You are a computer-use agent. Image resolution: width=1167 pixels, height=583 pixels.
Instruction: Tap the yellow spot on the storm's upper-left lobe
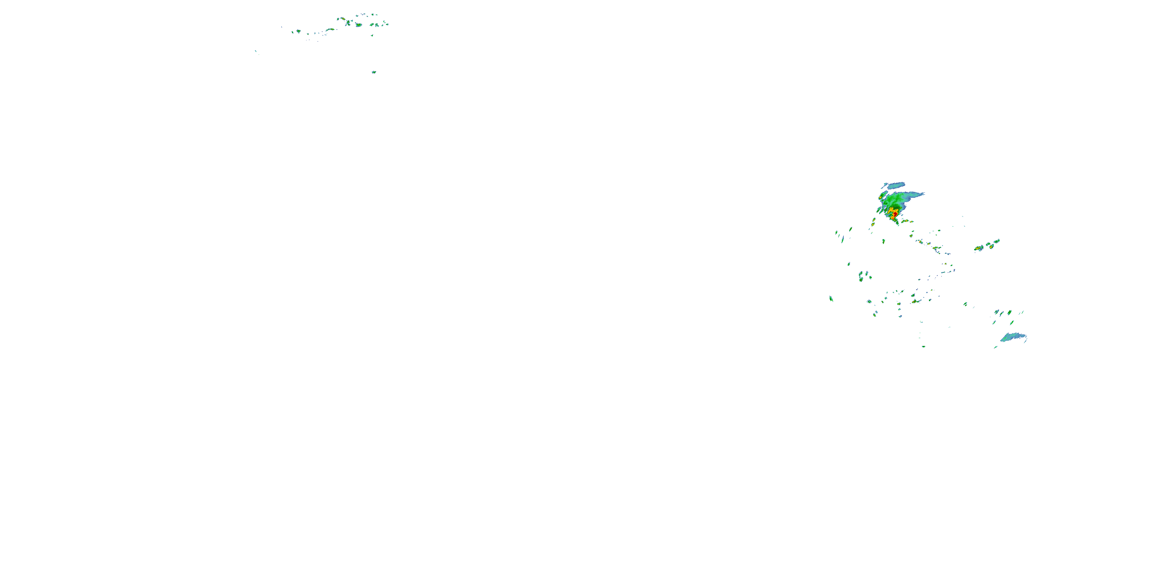click(880, 198)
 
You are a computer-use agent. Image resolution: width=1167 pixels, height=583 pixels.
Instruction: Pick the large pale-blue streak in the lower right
click(1014, 338)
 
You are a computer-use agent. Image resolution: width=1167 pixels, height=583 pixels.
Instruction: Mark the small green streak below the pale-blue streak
click(996, 347)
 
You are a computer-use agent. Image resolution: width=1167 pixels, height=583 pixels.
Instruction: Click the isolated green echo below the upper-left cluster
click(374, 72)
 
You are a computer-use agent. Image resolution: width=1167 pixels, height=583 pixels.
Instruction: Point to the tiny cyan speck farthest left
click(256, 51)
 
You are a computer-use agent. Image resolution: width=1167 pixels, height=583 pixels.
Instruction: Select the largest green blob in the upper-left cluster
click(359, 24)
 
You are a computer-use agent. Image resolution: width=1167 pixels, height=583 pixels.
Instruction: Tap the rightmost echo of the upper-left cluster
click(386, 24)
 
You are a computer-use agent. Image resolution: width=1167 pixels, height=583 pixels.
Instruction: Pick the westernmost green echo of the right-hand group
click(831, 299)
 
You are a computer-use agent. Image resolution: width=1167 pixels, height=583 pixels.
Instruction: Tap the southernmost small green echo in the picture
click(923, 347)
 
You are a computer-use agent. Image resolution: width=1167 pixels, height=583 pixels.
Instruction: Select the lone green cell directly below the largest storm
click(883, 241)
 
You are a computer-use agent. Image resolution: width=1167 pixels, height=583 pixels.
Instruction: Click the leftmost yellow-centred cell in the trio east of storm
click(979, 248)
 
